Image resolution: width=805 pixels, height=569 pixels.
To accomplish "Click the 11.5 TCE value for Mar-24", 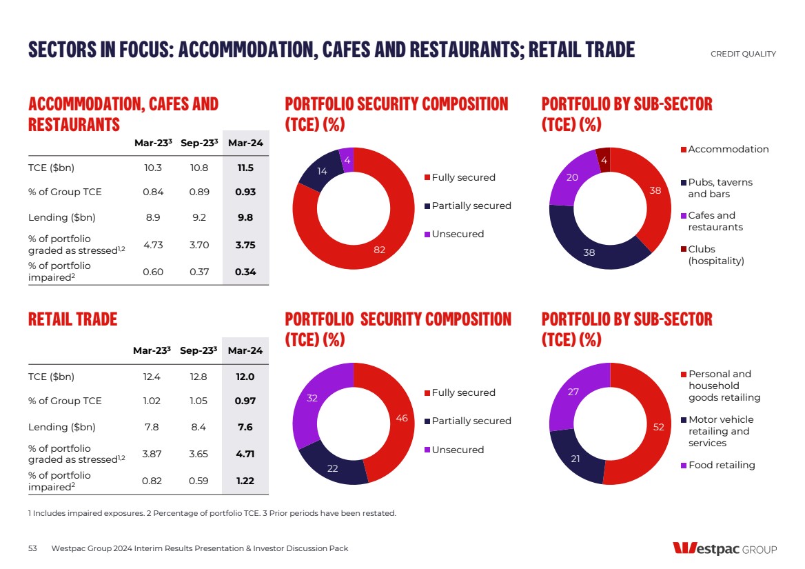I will [245, 168].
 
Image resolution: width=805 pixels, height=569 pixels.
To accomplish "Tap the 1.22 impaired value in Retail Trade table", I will [245, 481].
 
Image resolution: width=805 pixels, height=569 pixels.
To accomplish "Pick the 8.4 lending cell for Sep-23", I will [199, 428].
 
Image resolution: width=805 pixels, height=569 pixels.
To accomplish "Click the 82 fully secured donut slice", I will [380, 249].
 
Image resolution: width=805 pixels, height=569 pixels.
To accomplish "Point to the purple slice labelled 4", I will [347, 160].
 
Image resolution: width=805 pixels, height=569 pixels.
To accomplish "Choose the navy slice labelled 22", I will [333, 468].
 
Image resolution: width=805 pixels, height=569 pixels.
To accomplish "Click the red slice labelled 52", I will [658, 428].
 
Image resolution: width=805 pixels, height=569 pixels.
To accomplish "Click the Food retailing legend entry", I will [721, 466].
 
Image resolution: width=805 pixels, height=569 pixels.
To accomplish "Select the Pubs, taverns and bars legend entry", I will [720, 188].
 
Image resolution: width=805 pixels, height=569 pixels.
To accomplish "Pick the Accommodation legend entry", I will [728, 150].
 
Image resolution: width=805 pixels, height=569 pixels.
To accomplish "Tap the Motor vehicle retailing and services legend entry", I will [721, 431].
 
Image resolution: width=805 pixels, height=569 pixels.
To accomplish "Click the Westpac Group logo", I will [724, 549].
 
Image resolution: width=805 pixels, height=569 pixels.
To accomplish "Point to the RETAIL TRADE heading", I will [72, 319].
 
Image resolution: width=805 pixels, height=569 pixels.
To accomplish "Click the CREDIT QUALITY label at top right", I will [743, 54].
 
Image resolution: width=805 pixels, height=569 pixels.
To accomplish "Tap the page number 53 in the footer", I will [32, 548].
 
